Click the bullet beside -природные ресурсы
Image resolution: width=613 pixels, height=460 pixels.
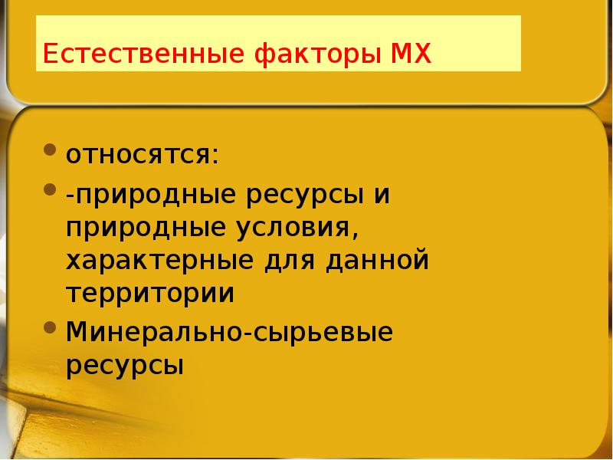(50, 188)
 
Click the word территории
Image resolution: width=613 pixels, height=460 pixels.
(149, 294)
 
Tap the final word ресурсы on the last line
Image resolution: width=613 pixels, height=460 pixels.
(124, 365)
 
